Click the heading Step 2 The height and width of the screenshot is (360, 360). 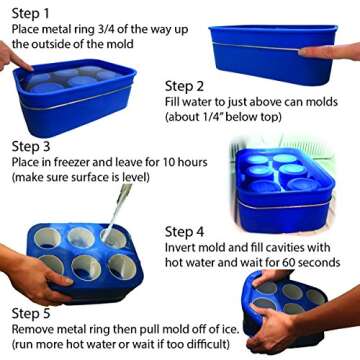(x=184, y=85)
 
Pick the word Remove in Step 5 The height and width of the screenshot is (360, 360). (x=31, y=330)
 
